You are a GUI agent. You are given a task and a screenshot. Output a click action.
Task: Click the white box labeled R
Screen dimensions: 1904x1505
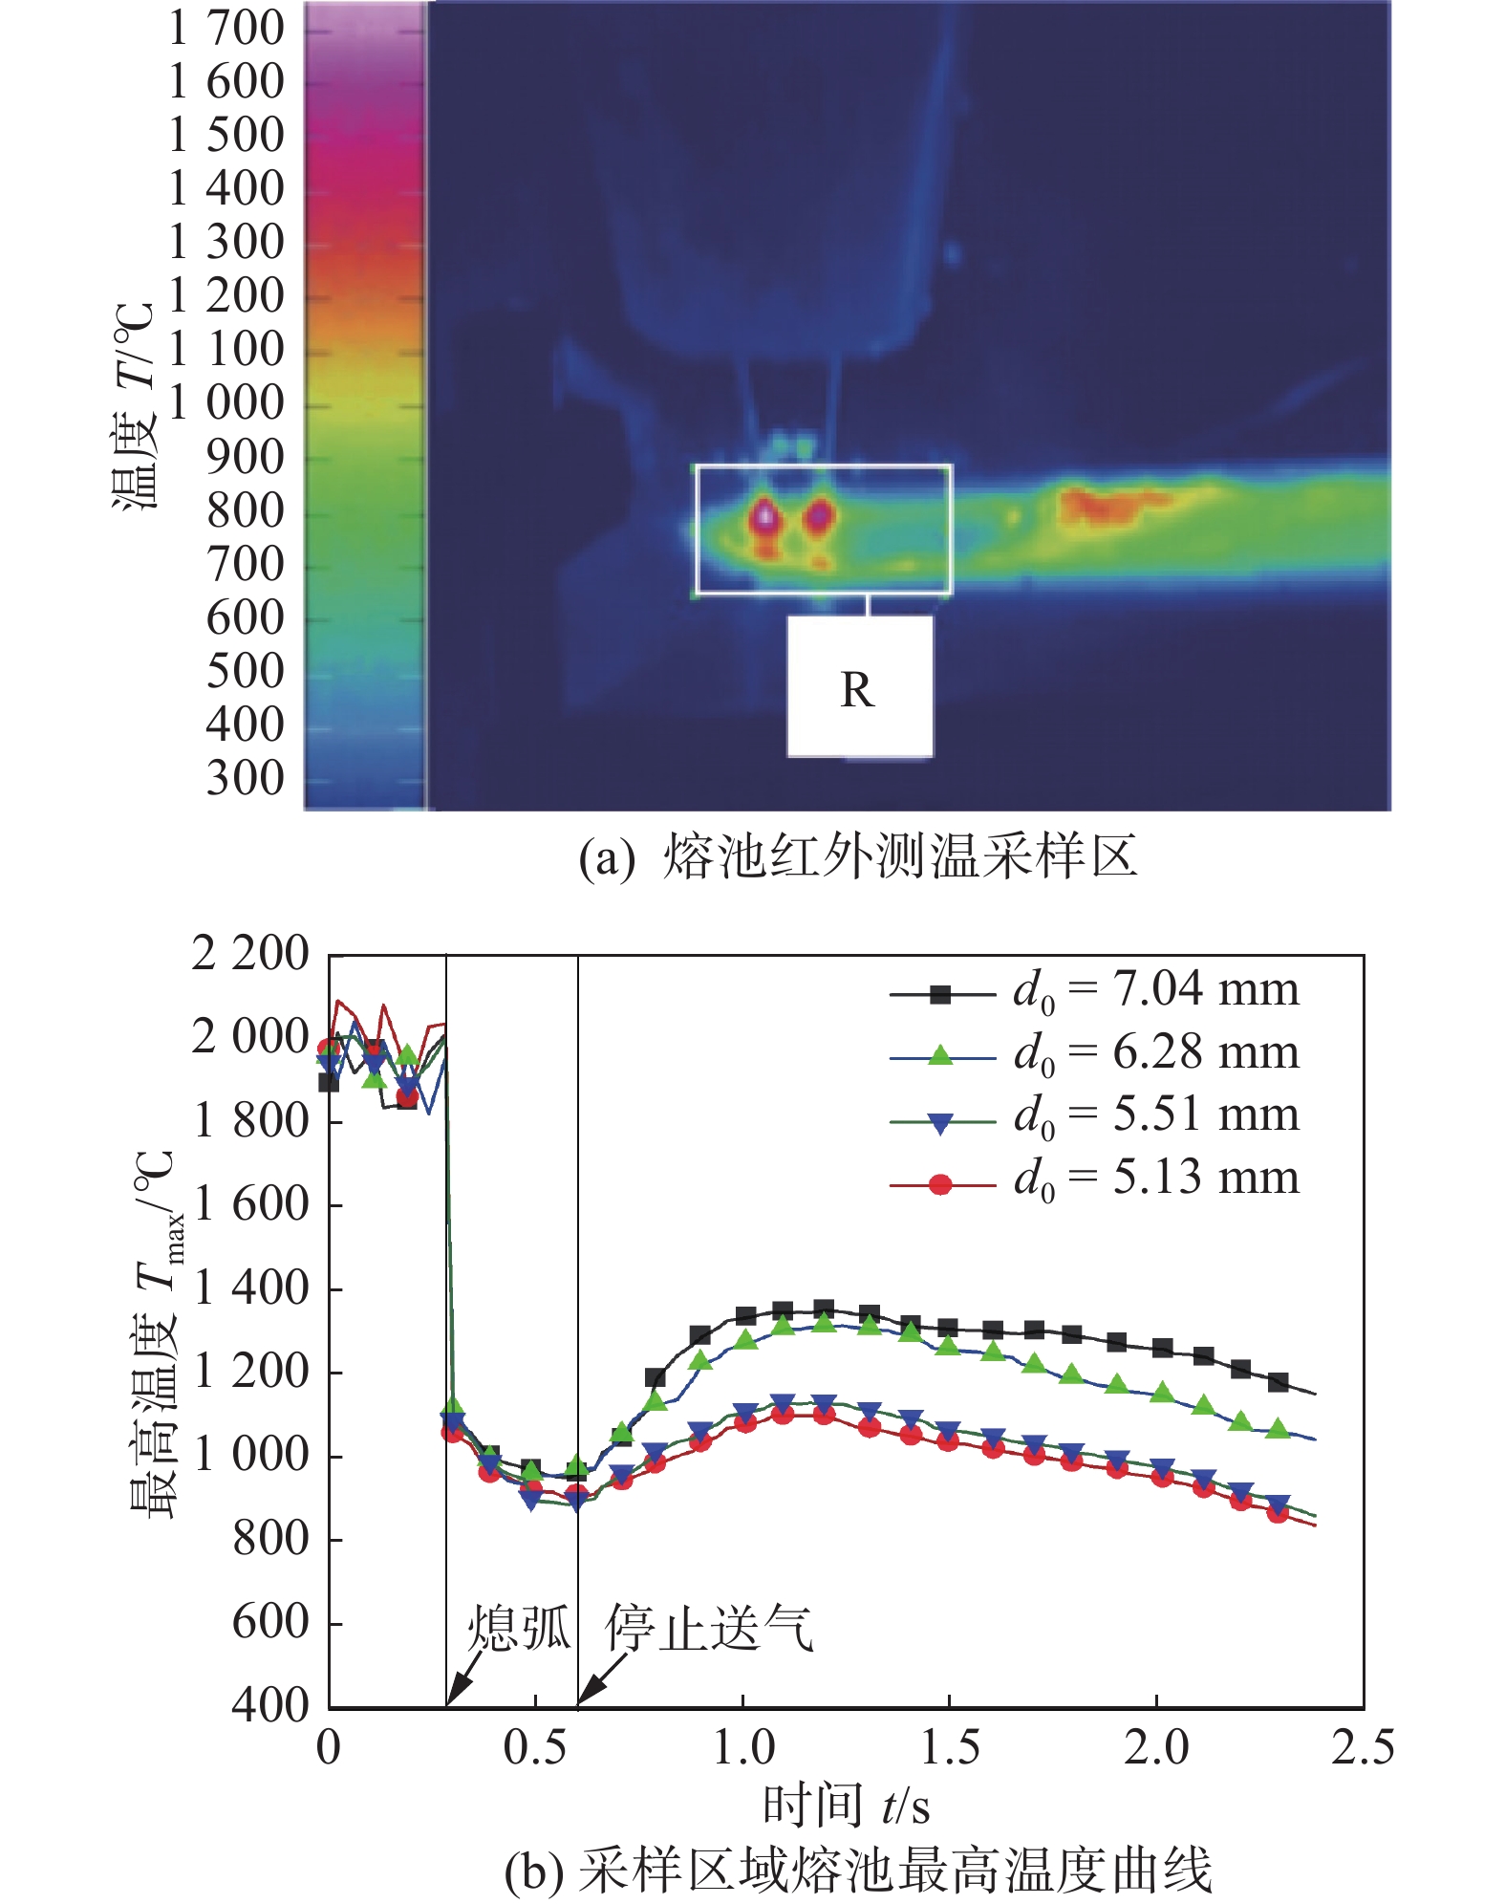[859, 686]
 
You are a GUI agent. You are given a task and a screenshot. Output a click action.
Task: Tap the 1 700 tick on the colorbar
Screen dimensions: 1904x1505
[226, 28]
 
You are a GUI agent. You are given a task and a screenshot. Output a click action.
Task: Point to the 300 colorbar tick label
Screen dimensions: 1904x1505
[246, 778]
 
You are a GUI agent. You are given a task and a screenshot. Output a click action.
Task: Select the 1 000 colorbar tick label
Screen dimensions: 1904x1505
[226, 402]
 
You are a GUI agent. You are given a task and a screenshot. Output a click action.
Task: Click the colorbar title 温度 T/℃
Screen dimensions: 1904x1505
[135, 407]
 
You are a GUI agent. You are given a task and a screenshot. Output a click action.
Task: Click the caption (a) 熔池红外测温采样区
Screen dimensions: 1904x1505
[857, 856]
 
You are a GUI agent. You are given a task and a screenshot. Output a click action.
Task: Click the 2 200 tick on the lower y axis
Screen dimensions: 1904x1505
[250, 954]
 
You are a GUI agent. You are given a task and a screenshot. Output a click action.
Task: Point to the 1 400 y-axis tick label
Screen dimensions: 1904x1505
[250, 1288]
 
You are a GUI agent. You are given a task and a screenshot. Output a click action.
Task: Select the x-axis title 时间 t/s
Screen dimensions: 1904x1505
[846, 1806]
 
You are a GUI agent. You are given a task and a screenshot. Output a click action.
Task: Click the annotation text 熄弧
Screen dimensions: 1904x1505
[518, 1627]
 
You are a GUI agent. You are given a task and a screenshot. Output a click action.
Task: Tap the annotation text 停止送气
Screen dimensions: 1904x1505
[709, 1627]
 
